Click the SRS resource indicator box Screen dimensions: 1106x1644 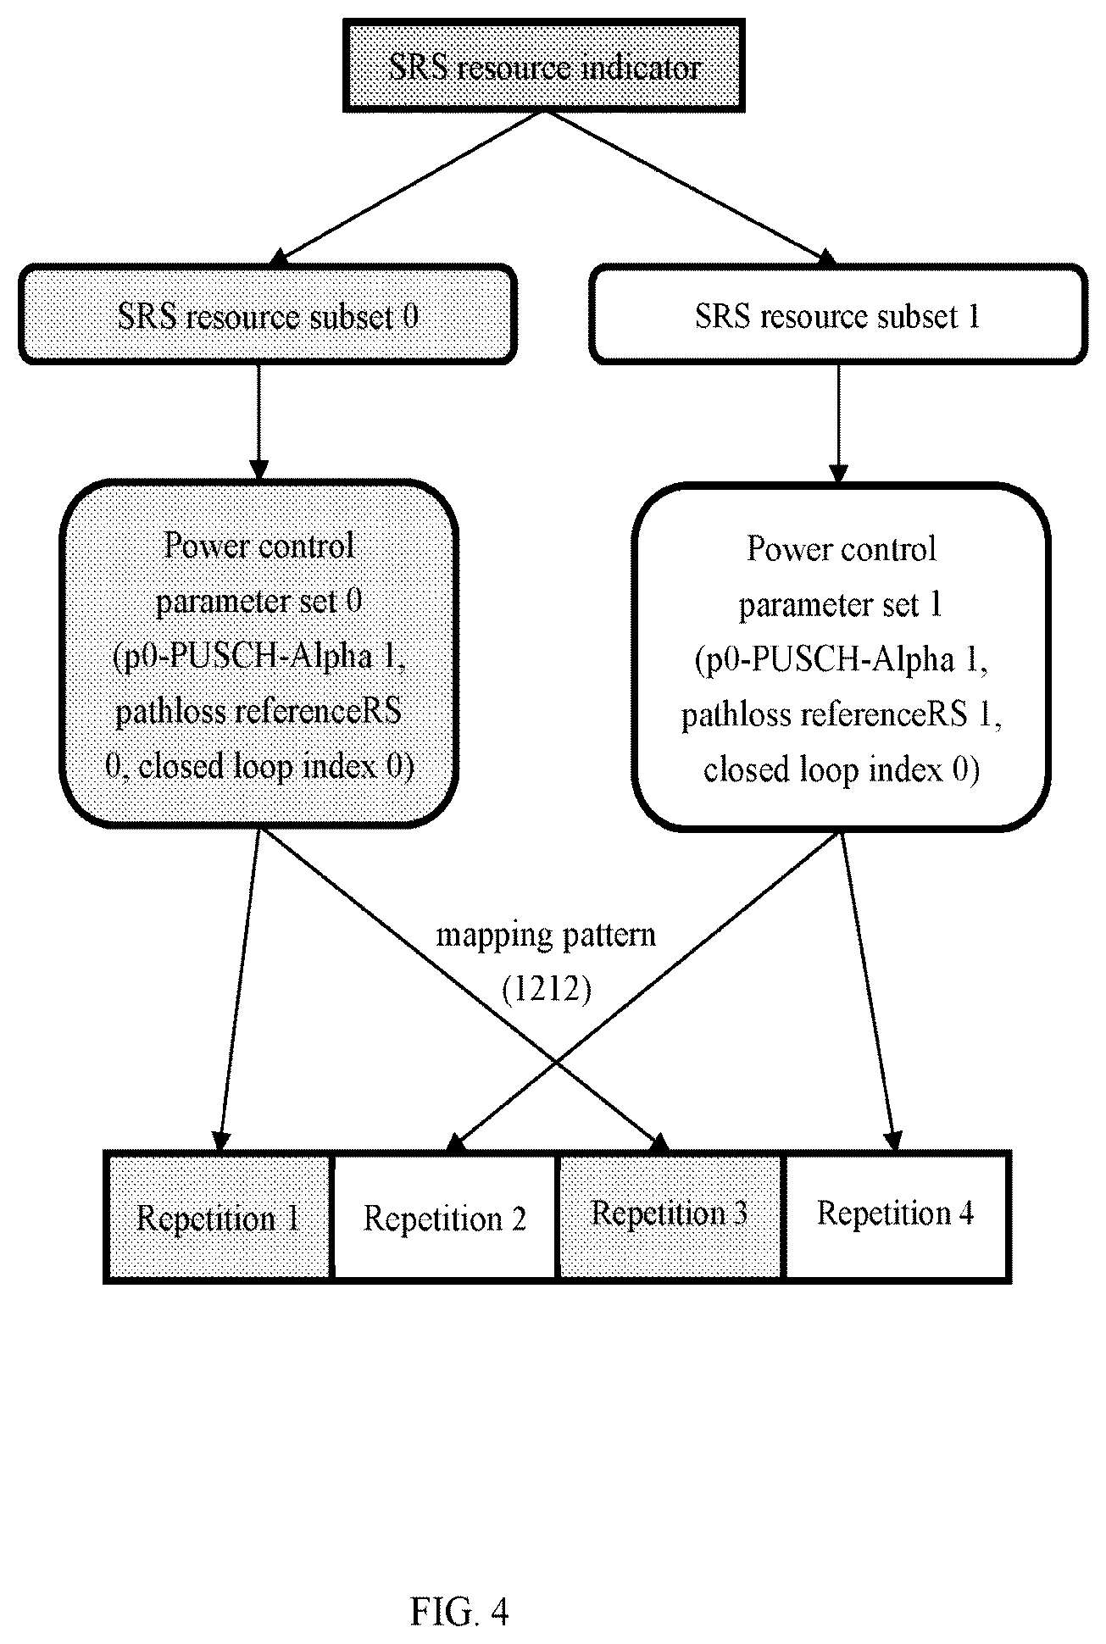pos(543,66)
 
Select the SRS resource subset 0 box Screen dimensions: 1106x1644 pos(268,315)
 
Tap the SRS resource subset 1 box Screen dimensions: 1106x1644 pos(838,315)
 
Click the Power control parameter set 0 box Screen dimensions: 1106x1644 pos(258,653)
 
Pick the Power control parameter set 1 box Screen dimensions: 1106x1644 pos(842,658)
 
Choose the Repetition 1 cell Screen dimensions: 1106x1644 pos(218,1216)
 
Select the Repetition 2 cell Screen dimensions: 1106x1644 pos(445,1216)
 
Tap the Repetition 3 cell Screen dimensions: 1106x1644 pos(670,1216)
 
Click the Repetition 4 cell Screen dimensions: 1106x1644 pos(898,1216)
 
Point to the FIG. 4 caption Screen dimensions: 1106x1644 pos(459,1539)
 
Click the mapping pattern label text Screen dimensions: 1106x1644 pos(546,936)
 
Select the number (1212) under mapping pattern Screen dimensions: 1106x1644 pos(546,989)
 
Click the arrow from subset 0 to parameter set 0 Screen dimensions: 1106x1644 pos(258,422)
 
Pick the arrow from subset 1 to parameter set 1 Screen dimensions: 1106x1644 pos(839,424)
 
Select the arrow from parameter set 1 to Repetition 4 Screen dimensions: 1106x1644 pos(868,990)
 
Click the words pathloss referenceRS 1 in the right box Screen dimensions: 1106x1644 pos(842,715)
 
